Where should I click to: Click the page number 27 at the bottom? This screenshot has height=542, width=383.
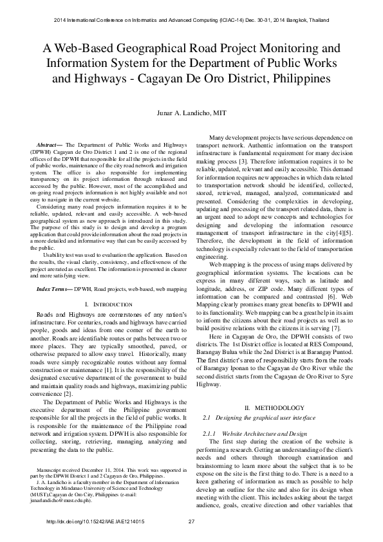[191, 521]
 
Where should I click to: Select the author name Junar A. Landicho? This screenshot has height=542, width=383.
[191, 113]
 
